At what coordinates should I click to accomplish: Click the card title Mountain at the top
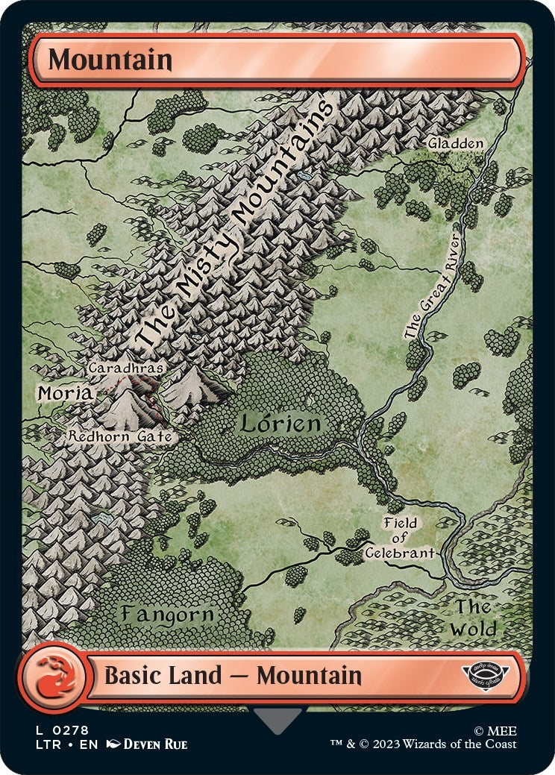tap(110, 60)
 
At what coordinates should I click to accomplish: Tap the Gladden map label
tap(456, 142)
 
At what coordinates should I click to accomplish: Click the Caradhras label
tap(125, 367)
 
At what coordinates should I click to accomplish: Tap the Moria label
tap(65, 392)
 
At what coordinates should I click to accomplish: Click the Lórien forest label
tap(280, 424)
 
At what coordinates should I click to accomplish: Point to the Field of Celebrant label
tap(400, 538)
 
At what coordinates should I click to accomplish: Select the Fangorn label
tap(168, 615)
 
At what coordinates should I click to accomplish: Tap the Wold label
tap(474, 618)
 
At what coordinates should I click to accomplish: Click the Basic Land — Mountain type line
tap(233, 677)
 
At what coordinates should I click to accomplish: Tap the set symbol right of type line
tap(486, 676)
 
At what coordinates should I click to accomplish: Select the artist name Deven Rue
tap(155, 744)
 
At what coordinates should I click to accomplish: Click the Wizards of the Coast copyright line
tap(424, 744)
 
